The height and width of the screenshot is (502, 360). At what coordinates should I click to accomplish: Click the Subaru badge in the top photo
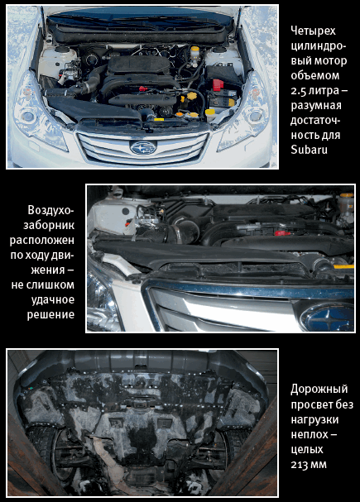point(143,147)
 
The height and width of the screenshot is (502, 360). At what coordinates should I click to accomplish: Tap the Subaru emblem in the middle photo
point(328,316)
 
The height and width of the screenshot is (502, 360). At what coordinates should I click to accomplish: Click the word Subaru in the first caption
point(309,150)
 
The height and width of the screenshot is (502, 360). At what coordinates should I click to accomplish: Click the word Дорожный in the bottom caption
point(319,389)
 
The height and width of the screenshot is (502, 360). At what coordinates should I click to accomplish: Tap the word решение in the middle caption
point(50,314)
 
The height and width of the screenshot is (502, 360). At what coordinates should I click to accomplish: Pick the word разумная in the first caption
point(316,106)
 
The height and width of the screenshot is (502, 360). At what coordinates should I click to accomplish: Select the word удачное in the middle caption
point(53,299)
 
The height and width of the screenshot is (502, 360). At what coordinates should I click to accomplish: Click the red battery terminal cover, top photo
point(218,85)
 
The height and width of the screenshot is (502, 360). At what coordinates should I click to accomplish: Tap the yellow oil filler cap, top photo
point(192,96)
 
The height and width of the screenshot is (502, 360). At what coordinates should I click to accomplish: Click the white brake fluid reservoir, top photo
point(194,57)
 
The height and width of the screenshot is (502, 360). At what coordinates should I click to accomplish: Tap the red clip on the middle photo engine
point(282,233)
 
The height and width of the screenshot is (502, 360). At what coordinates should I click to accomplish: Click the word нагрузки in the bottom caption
point(314,419)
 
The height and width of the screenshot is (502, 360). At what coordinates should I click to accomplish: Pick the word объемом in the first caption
point(314,75)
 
